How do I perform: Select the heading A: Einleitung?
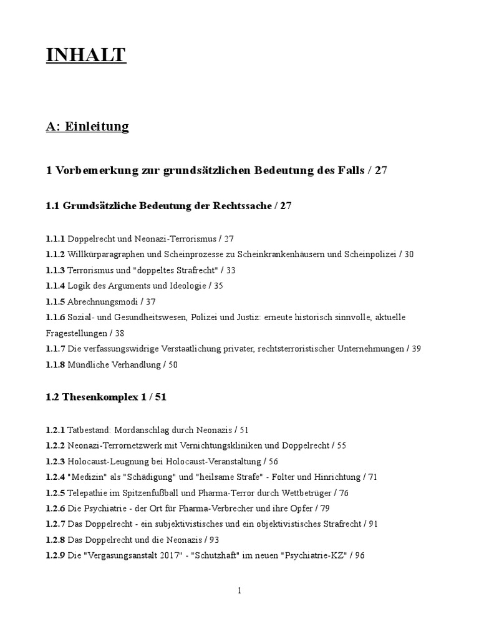[87, 127]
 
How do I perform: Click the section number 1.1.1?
[55, 238]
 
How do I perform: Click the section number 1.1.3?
[55, 270]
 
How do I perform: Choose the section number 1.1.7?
[55, 349]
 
